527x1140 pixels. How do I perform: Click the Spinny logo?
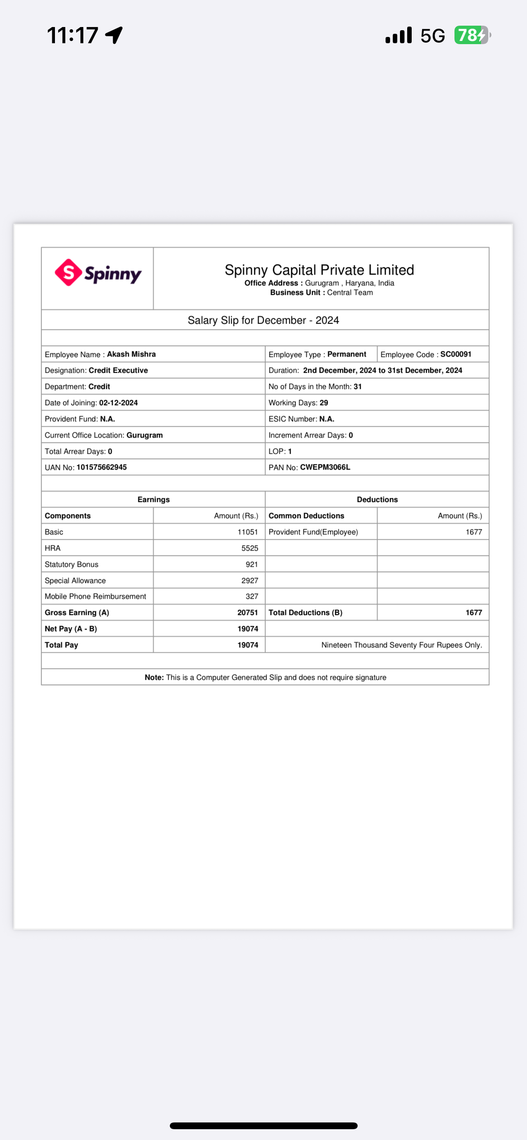click(x=98, y=273)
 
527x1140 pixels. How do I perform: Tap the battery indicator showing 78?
click(x=472, y=35)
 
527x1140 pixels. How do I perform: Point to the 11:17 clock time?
click(x=73, y=35)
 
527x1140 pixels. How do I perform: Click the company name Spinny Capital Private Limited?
click(x=319, y=270)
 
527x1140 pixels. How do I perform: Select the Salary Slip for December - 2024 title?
click(x=263, y=320)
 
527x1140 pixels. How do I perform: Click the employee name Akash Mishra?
click(x=131, y=354)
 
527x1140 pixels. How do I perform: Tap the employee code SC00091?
click(x=455, y=354)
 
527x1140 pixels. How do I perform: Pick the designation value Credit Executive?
click(x=118, y=371)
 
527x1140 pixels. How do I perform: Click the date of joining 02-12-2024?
click(x=118, y=403)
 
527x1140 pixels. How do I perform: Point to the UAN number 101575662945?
click(x=101, y=467)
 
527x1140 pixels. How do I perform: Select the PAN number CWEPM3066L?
click(x=325, y=467)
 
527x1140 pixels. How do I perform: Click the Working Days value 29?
click(x=323, y=403)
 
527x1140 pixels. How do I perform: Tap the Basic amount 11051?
click(x=247, y=532)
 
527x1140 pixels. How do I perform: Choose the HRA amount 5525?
click(x=250, y=548)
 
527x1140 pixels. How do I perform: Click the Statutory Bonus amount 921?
click(x=251, y=565)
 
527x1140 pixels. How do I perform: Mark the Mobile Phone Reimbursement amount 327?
click(x=251, y=597)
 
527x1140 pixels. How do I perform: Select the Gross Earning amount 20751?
click(x=247, y=613)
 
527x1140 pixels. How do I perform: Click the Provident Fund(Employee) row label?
click(x=313, y=532)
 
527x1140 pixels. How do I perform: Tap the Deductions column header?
click(x=377, y=500)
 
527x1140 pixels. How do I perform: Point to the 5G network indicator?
click(x=432, y=36)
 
